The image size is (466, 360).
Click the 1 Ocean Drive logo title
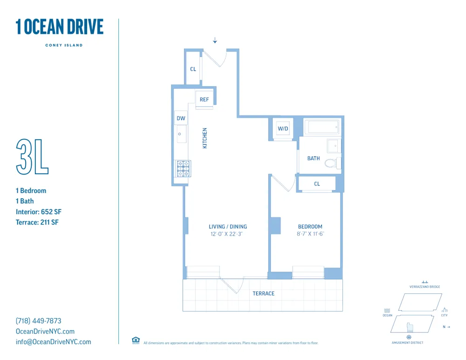click(x=59, y=27)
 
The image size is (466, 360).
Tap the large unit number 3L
click(x=32, y=156)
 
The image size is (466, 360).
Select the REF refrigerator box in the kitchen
click(x=204, y=100)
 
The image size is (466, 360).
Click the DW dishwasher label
click(x=181, y=118)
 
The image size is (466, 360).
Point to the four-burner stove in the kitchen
click(x=182, y=169)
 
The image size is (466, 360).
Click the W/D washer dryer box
click(x=283, y=129)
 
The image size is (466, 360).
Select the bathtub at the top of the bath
click(x=322, y=128)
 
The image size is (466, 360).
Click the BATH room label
click(x=314, y=158)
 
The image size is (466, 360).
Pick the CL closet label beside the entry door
click(x=193, y=69)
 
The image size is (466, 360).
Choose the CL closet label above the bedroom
click(x=317, y=184)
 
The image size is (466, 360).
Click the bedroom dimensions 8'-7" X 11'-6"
click(x=310, y=234)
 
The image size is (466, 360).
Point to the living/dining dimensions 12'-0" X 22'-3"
click(x=228, y=234)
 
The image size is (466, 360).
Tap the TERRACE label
click(x=263, y=293)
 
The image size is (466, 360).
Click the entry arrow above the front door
click(x=215, y=41)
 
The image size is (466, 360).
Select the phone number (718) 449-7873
click(x=39, y=321)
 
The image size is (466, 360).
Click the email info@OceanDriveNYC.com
click(x=54, y=342)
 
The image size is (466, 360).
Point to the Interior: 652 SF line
click(x=39, y=212)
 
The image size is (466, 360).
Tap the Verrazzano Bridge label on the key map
click(x=425, y=287)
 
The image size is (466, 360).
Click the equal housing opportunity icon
click(x=136, y=340)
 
